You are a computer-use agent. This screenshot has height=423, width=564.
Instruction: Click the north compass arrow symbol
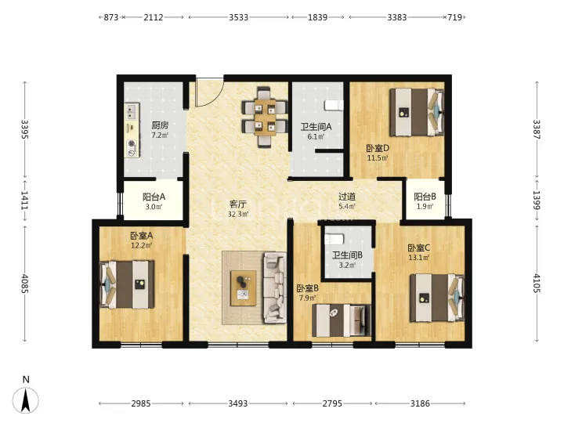click(x=26, y=399)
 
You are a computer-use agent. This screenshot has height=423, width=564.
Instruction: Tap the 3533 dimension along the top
click(x=238, y=17)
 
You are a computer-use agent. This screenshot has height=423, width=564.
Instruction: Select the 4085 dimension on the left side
click(x=25, y=284)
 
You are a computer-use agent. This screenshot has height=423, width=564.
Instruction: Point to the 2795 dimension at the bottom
click(x=331, y=403)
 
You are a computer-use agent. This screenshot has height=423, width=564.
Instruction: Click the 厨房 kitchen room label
click(x=160, y=125)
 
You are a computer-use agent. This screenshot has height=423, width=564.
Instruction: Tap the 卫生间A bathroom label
click(x=316, y=127)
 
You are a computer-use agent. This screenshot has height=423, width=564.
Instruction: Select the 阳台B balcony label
click(x=425, y=197)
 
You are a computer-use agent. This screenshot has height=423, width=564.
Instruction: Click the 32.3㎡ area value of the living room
click(x=238, y=215)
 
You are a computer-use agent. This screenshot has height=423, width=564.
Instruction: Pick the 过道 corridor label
click(x=347, y=197)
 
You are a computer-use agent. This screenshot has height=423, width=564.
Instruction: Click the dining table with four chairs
click(x=265, y=117)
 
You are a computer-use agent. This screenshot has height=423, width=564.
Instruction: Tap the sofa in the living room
click(x=275, y=287)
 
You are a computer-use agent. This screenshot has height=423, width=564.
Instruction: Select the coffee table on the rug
click(x=243, y=288)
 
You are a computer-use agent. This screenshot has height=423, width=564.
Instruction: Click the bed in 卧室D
click(x=417, y=112)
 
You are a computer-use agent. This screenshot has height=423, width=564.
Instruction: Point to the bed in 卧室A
click(x=127, y=284)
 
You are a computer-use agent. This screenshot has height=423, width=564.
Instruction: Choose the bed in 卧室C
click(x=437, y=298)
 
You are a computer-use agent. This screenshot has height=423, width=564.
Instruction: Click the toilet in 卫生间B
click(x=334, y=239)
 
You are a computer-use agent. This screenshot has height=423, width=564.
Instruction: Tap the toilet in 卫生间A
click(x=334, y=105)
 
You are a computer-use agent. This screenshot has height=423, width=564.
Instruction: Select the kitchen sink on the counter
click(x=132, y=111)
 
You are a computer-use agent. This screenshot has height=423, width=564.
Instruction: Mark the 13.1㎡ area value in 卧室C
click(x=418, y=258)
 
